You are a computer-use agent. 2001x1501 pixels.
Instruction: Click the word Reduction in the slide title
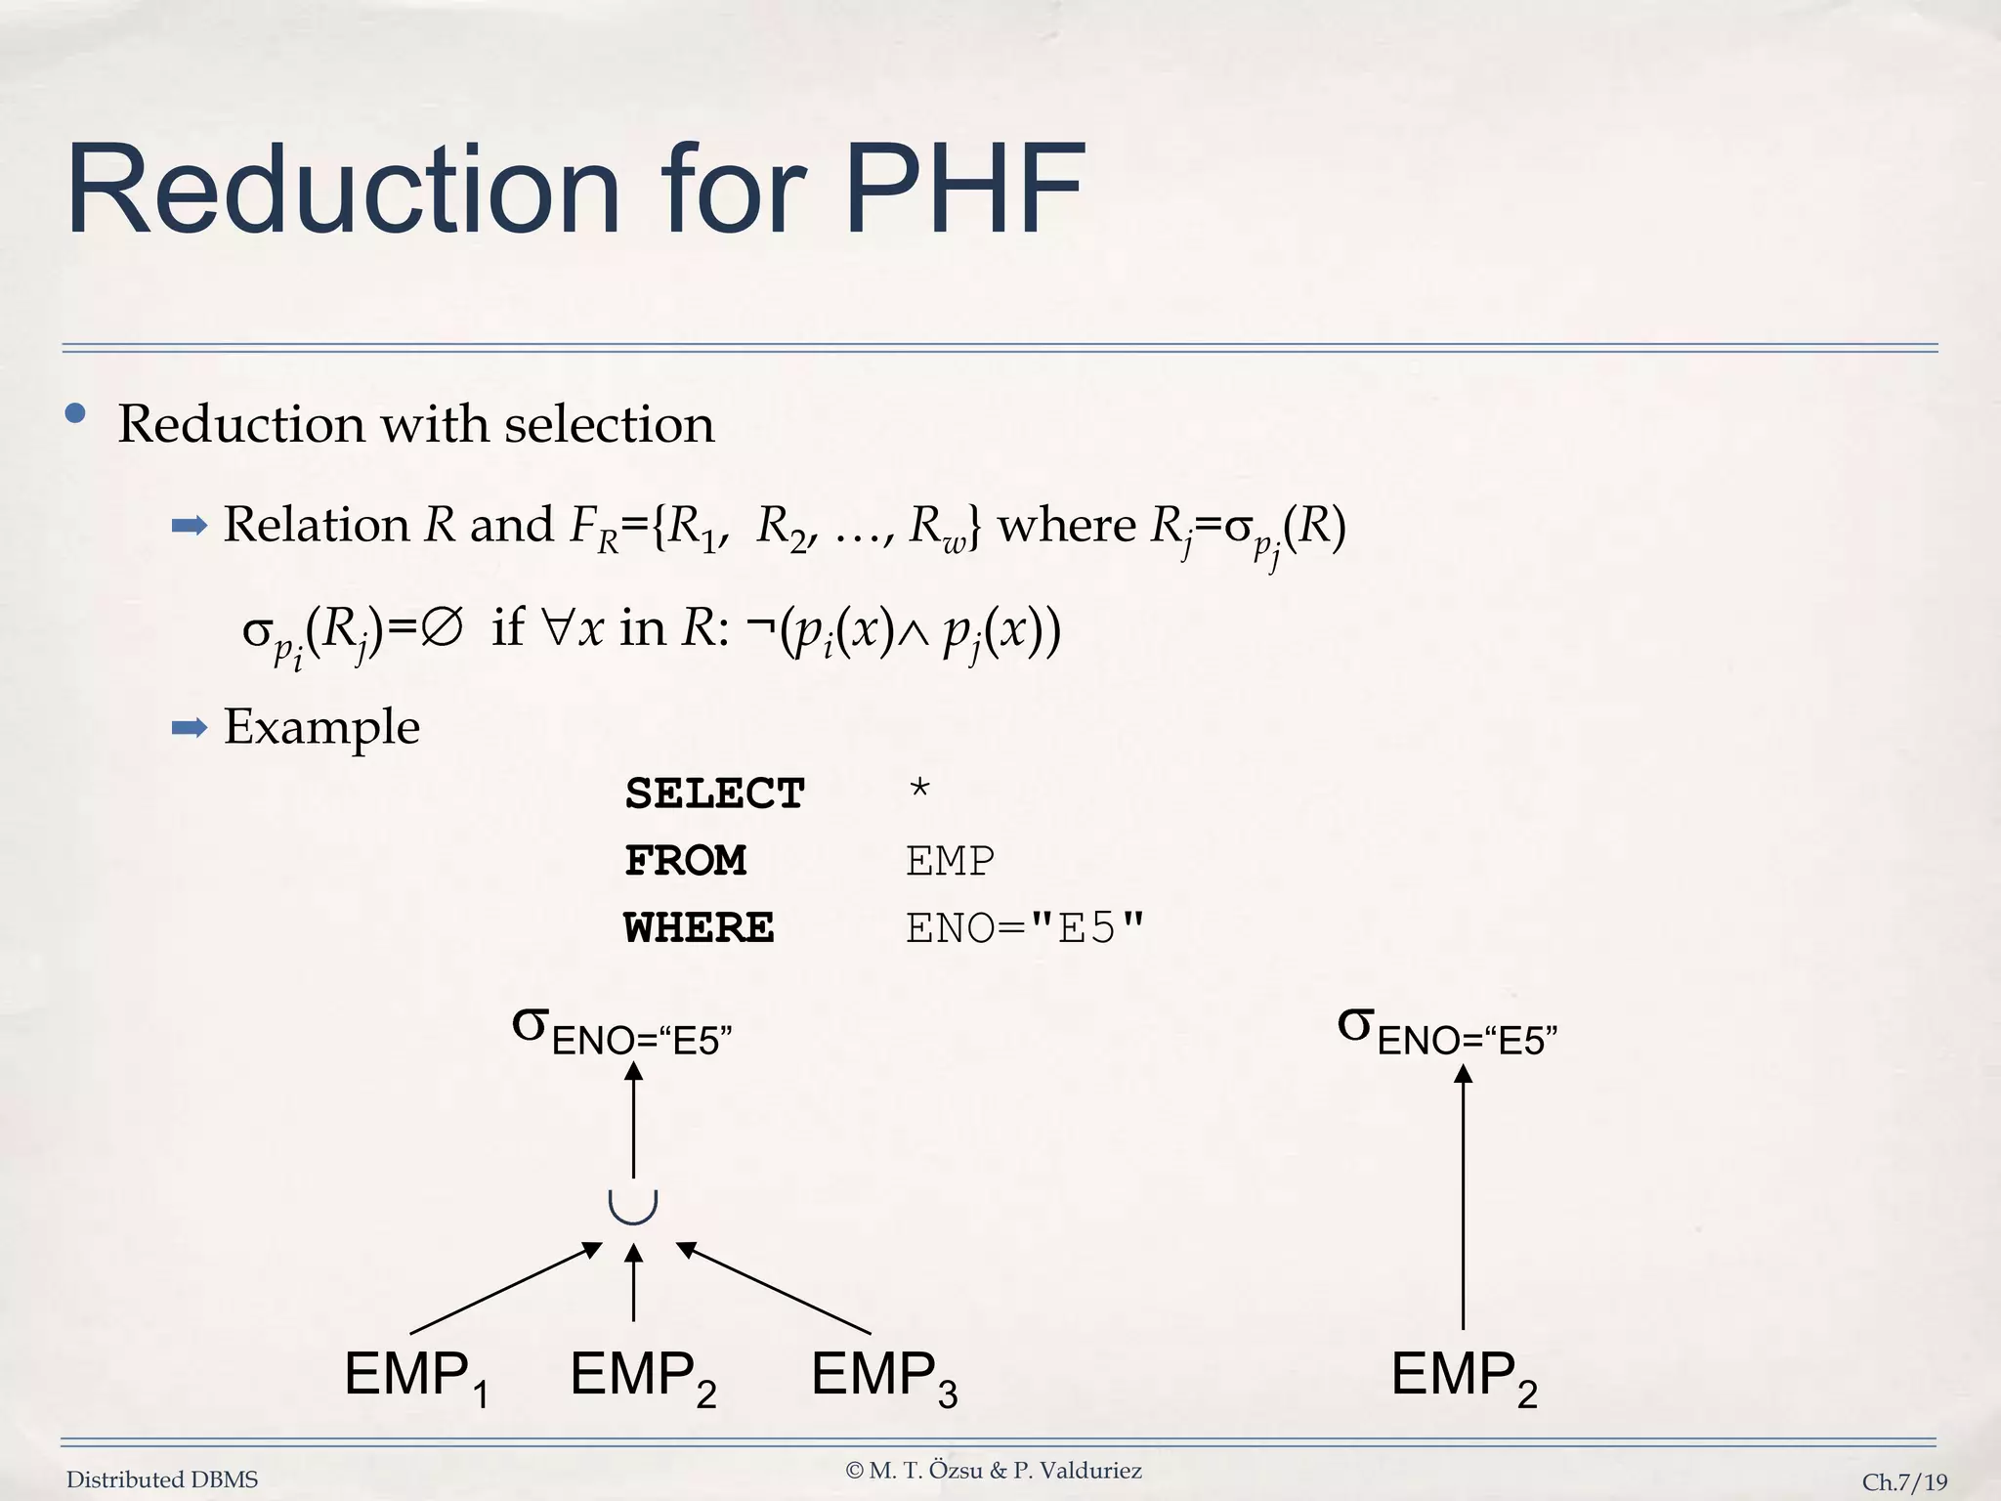point(343,190)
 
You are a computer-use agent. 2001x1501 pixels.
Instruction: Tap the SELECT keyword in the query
point(714,793)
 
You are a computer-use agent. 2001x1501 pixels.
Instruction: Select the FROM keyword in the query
point(685,861)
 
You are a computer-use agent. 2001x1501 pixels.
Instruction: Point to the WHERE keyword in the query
point(699,927)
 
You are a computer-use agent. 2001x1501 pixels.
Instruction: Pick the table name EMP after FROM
point(950,861)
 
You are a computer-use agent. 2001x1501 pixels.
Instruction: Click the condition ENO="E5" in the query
point(1024,927)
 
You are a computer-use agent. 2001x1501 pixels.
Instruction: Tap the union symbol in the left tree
point(633,1207)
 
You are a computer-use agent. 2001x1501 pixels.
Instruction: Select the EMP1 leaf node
point(416,1376)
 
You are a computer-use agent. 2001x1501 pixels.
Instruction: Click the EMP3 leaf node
point(883,1376)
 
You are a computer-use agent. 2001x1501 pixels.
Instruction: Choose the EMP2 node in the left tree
point(643,1376)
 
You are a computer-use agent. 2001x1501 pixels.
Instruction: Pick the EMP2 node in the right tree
point(1464,1376)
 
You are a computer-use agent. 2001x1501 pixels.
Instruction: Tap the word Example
point(321,727)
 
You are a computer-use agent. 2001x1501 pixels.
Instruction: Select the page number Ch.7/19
point(1903,1481)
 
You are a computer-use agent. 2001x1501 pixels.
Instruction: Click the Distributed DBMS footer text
point(162,1480)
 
